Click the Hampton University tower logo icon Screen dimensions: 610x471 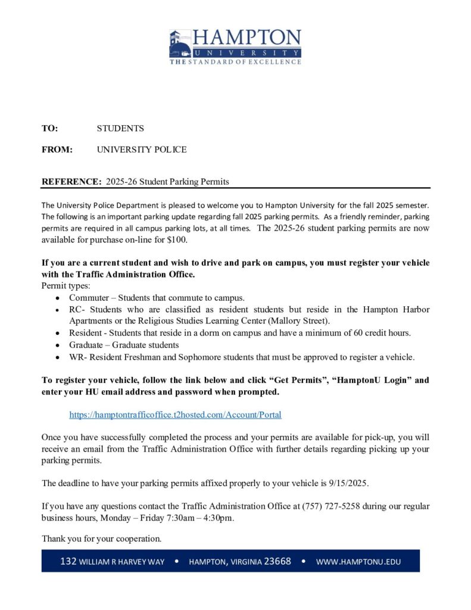pos(180,45)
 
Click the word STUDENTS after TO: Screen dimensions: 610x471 pos(120,128)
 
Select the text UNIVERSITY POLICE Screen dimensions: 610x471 pos(142,150)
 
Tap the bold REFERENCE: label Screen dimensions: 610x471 pos(69,181)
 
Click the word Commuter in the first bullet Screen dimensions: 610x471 pos(88,297)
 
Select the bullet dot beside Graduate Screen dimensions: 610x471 pos(57,345)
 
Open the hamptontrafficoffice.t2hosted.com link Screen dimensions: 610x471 pos(175,415)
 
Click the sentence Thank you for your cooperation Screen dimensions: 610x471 pos(101,539)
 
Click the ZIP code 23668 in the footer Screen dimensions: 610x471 pos(277,561)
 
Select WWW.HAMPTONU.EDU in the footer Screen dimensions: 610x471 pos(358,561)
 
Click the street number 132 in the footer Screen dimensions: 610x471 pos(68,561)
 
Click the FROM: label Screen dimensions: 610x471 pos(57,150)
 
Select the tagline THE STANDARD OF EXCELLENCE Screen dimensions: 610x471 pos(235,61)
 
